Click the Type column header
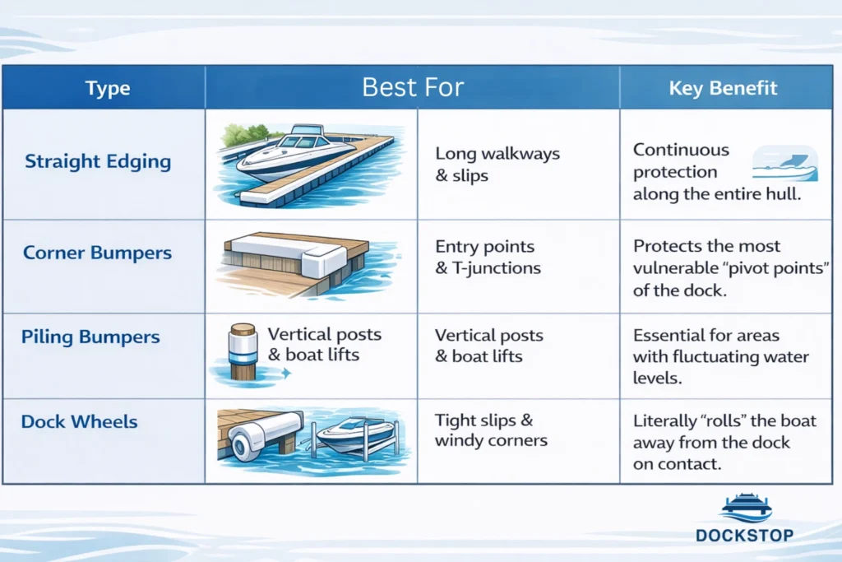108,88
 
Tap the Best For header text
413,87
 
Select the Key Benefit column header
723,88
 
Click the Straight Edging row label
98,161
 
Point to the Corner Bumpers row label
97,253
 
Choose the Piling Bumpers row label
90,337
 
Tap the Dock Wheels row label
79,422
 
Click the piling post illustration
243,351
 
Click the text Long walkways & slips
497,165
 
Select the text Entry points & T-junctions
488,257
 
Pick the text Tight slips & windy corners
491,430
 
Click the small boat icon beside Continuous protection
785,164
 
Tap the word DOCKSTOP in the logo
744,535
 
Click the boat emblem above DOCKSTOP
747,509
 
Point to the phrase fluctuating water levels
720,367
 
